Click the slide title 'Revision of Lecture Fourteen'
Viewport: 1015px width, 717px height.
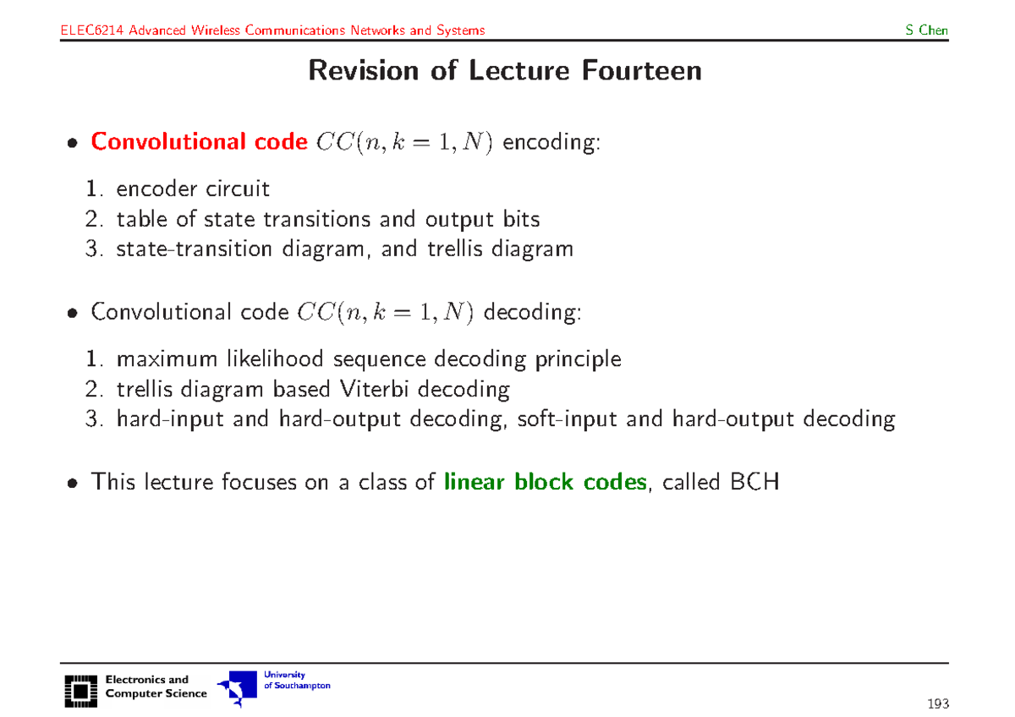(505, 70)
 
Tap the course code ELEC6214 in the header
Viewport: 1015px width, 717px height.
(90, 31)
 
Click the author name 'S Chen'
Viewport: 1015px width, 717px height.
(926, 31)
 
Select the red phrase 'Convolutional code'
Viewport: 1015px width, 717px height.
(199, 142)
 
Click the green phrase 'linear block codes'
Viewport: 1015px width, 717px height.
(546, 483)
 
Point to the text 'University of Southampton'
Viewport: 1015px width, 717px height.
(296, 681)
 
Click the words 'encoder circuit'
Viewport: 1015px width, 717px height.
(193, 189)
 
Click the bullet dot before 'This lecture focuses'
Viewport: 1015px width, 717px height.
(74, 484)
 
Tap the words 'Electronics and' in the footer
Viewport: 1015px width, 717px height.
(147, 680)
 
